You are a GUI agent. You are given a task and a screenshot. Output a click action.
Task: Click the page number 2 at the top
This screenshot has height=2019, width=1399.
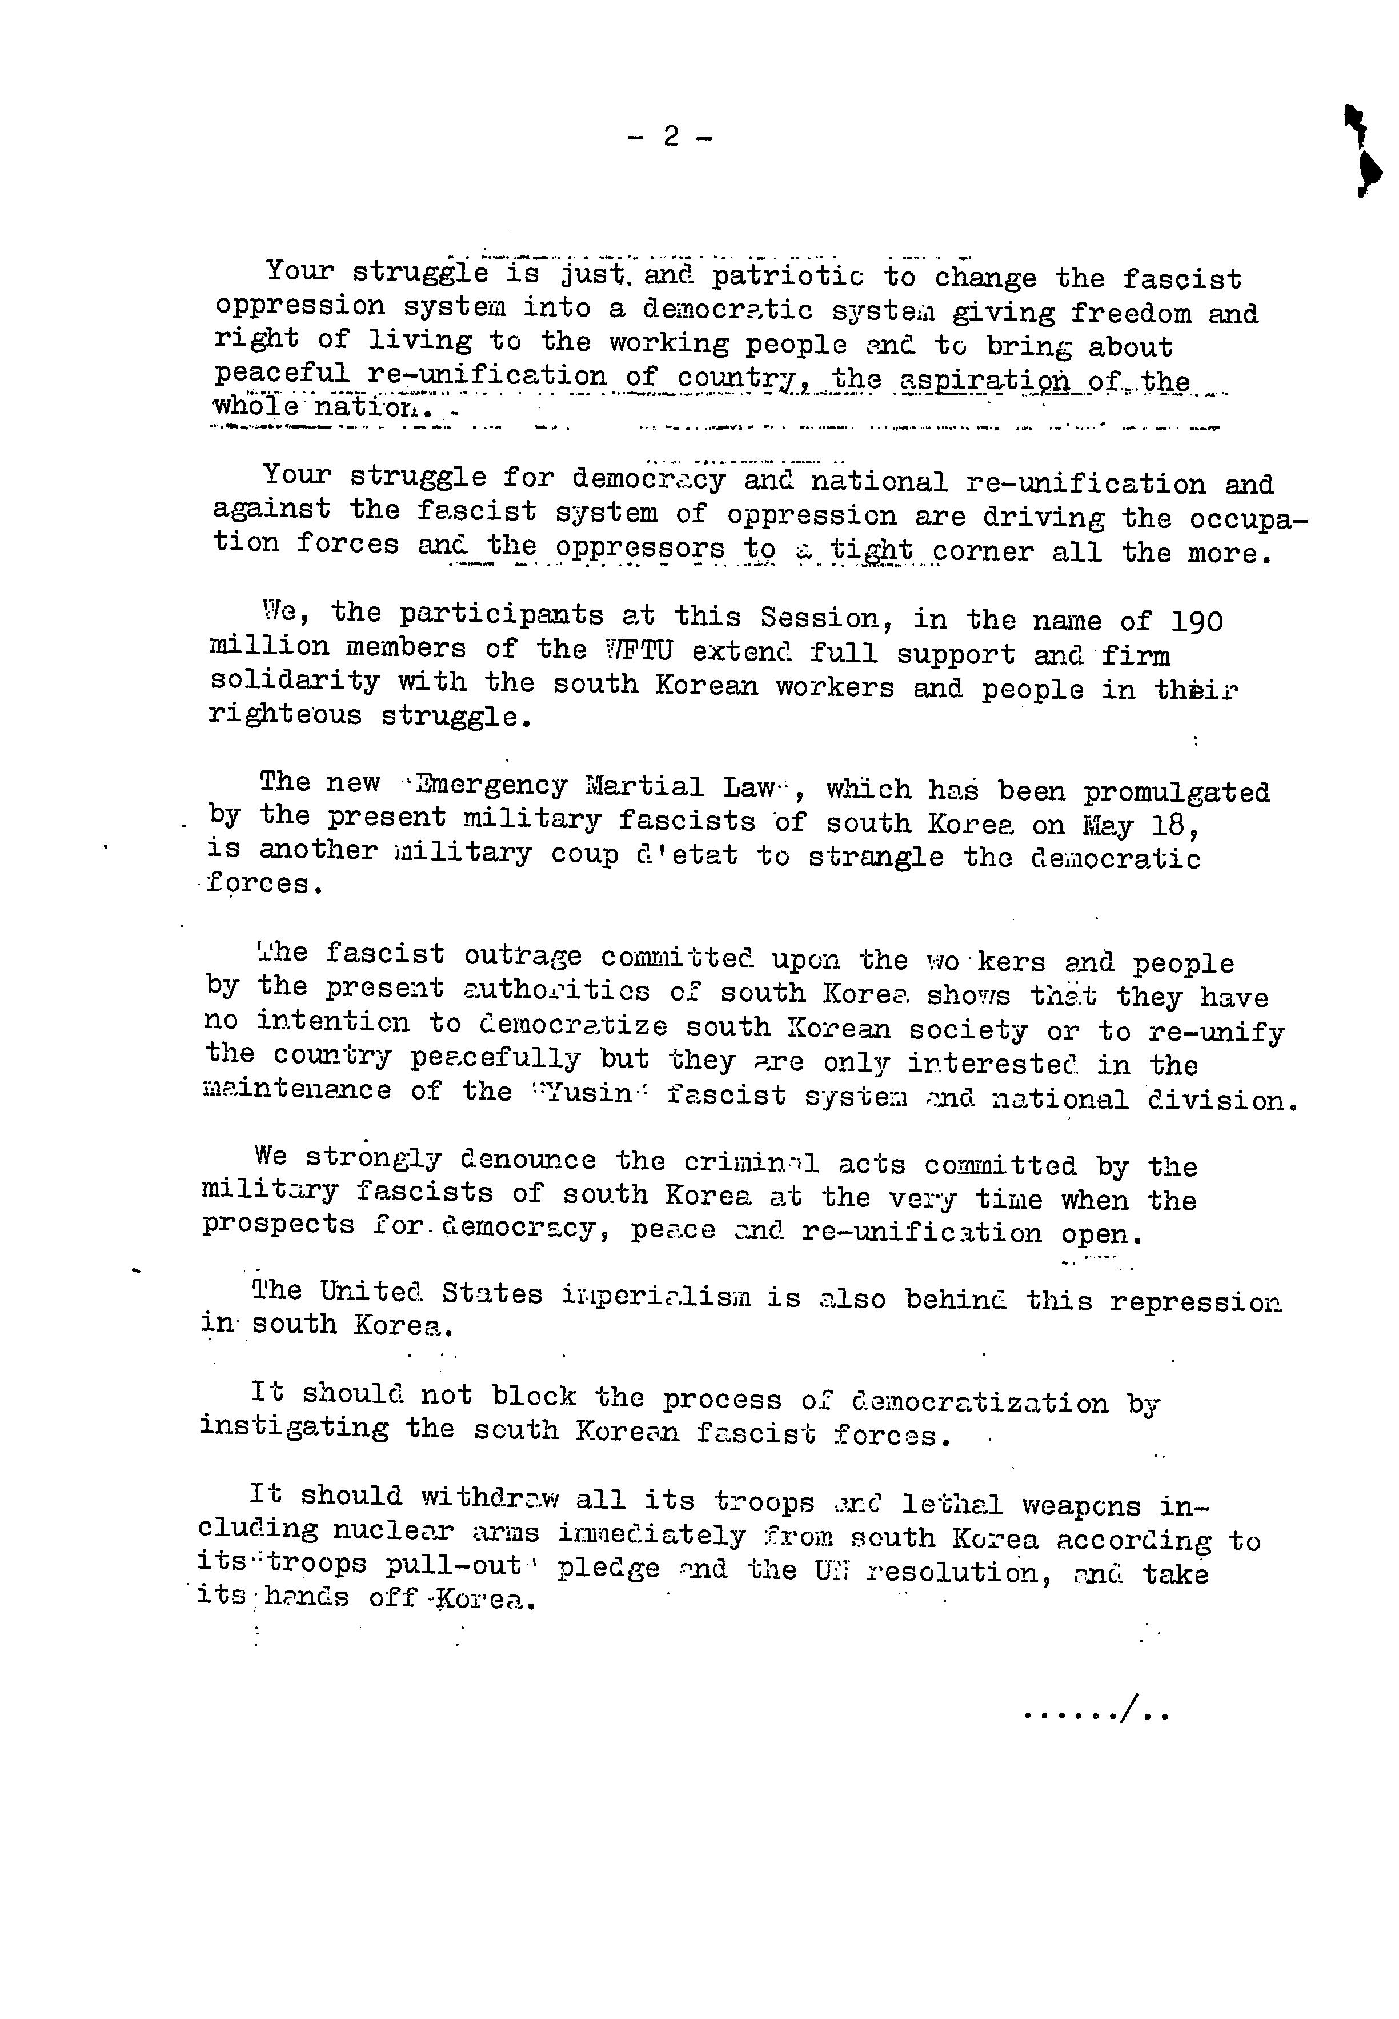coord(671,136)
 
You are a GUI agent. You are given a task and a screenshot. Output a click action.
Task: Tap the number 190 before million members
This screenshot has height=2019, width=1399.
coord(1197,621)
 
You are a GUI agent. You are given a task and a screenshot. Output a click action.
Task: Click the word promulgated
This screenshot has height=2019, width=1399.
coord(1176,793)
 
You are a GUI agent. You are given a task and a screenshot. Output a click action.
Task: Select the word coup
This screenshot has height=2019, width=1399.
coord(584,855)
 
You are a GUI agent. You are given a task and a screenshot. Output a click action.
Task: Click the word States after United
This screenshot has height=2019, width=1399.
coord(492,1294)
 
